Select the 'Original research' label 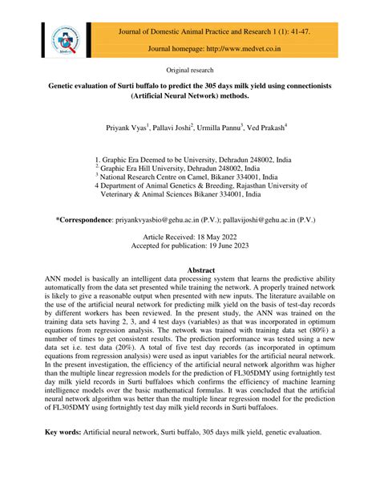click(x=189, y=71)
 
